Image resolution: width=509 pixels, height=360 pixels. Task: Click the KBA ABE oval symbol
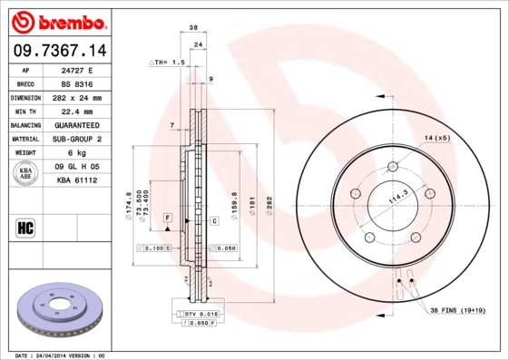(26, 173)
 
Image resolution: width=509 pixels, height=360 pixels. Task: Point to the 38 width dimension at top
(193, 29)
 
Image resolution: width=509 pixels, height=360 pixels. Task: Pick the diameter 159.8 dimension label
(234, 201)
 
